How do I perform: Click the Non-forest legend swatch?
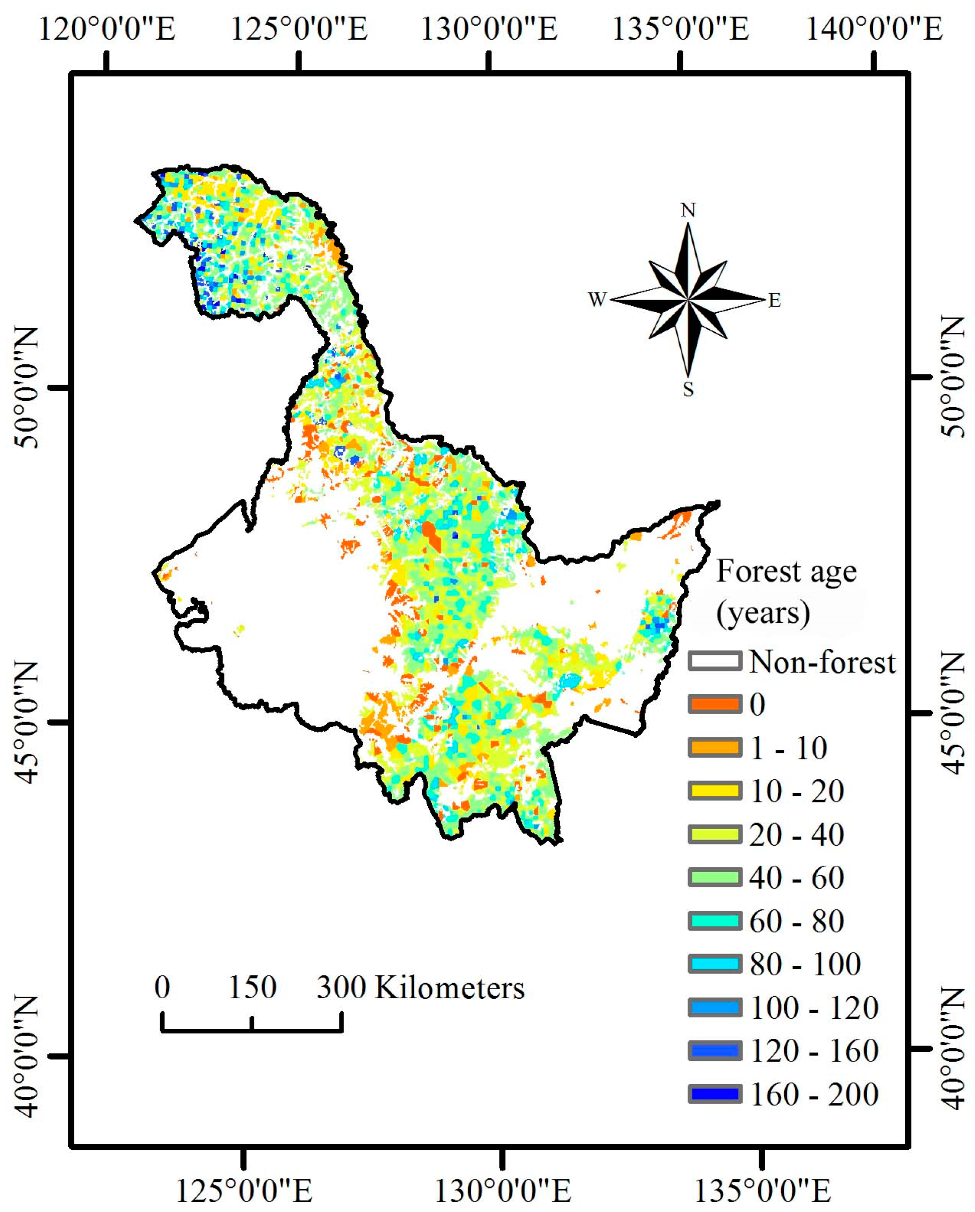click(x=714, y=661)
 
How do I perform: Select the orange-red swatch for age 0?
click(x=714, y=704)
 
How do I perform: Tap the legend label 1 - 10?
click(x=789, y=748)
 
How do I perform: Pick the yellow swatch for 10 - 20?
click(x=714, y=790)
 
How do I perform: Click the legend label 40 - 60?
click(x=796, y=878)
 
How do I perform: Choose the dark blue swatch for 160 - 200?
click(x=714, y=1094)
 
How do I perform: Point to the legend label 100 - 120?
click(x=814, y=1007)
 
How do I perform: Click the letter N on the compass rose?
click(x=688, y=210)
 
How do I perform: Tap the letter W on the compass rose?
click(x=597, y=299)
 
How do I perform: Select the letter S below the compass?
click(x=688, y=389)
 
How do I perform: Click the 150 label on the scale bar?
click(x=253, y=987)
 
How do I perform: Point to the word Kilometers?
click(x=449, y=988)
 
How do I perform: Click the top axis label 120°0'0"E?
click(x=107, y=29)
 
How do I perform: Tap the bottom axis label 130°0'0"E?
click(x=503, y=1190)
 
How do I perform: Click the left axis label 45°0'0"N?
click(x=25, y=722)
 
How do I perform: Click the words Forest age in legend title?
click(x=786, y=572)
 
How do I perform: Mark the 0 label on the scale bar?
click(x=162, y=987)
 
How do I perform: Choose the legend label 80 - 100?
click(x=805, y=964)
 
